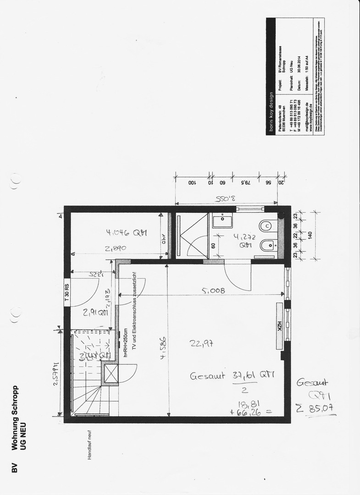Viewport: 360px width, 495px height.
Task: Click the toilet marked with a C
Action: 266,226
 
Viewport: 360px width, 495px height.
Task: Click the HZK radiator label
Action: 278,326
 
